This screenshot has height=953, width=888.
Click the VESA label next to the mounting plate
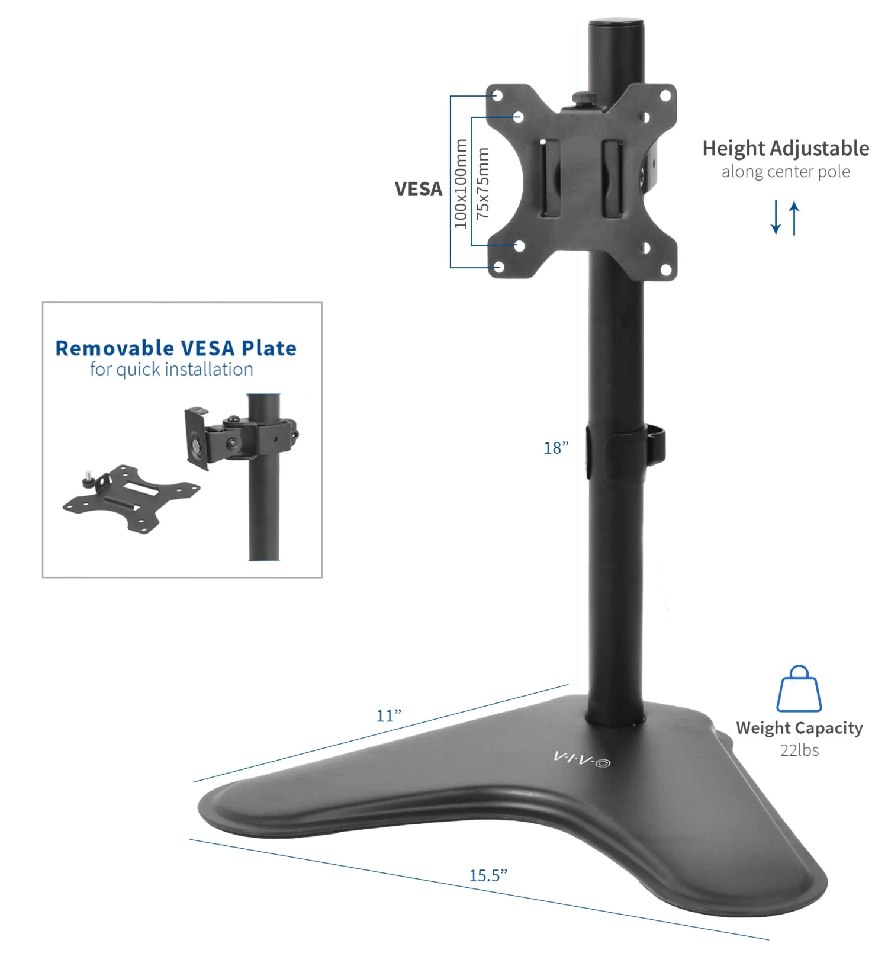pyautogui.click(x=418, y=189)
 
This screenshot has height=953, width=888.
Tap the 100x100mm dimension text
pyautogui.click(x=461, y=184)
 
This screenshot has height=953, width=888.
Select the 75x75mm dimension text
pyautogui.click(x=483, y=183)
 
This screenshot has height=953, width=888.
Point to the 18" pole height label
pyautogui.click(x=556, y=448)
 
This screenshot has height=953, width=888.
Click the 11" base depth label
pyautogui.click(x=388, y=715)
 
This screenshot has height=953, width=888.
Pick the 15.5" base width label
pyautogui.click(x=488, y=875)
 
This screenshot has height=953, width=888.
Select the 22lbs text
pyautogui.click(x=799, y=750)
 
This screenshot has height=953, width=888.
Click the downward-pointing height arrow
pyautogui.click(x=776, y=217)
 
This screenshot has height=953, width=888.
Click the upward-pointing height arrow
pyautogui.click(x=794, y=217)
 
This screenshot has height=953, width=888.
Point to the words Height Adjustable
pyautogui.click(x=786, y=148)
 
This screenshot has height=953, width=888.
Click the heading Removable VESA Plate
pyautogui.click(x=176, y=348)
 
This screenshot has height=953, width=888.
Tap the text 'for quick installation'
pyautogui.click(x=171, y=370)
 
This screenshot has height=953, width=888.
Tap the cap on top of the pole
pyautogui.click(x=616, y=25)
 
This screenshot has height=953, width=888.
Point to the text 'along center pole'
pyautogui.click(x=786, y=172)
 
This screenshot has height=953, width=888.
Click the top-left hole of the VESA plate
pyautogui.click(x=498, y=95)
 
